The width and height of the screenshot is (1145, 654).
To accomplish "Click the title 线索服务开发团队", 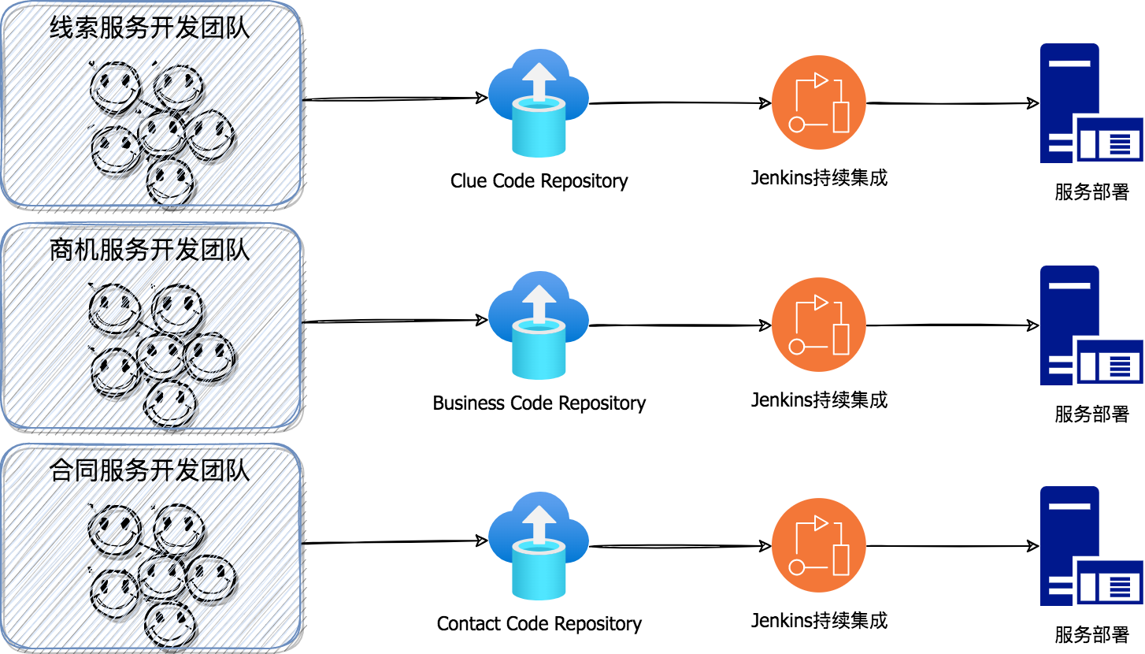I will [150, 28].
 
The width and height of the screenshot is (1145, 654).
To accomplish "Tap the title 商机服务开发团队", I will [150, 251].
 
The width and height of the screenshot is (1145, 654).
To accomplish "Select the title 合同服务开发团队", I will [150, 471].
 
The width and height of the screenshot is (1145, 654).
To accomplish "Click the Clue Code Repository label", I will [539, 181].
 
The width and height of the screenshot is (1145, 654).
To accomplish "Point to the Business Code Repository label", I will [539, 403].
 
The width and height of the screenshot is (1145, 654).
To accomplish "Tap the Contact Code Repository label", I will [539, 624].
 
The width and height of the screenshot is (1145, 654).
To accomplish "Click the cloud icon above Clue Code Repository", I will [539, 102].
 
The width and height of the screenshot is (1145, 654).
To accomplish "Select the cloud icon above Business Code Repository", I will [539, 325].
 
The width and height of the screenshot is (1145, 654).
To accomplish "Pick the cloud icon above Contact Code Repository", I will [539, 545].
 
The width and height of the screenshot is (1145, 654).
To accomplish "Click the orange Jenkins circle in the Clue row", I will [819, 102].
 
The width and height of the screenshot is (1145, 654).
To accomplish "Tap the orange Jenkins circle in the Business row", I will [819, 325].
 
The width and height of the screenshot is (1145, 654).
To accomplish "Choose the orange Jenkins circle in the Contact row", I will [819, 545].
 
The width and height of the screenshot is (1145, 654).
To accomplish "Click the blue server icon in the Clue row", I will [1090, 104].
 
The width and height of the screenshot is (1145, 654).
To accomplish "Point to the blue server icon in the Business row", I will [1090, 325].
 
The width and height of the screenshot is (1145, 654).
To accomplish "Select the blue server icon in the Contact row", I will [1090, 546].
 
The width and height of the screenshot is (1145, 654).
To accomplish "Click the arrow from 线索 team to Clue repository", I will [394, 98].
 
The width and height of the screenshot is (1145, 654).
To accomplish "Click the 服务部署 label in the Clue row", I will [1091, 192].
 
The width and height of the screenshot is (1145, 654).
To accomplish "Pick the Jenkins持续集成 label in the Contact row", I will [819, 620].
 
